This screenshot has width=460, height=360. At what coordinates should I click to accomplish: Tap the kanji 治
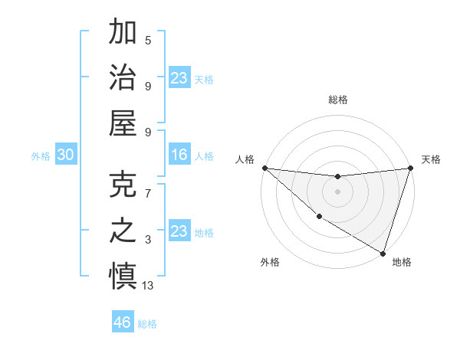pos(123,77)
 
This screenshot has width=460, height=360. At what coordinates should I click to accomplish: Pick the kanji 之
pos(123,231)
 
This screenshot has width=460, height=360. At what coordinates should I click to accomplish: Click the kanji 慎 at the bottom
pos(123,277)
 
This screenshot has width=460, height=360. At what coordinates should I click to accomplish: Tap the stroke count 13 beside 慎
pos(148,286)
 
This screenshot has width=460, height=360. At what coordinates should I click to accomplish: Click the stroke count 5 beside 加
pos(148,41)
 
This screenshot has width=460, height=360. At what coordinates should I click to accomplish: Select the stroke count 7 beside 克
pos(148,194)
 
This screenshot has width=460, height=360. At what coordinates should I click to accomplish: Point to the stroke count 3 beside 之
pos(148,240)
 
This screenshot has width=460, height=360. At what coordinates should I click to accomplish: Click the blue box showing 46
pos(123,322)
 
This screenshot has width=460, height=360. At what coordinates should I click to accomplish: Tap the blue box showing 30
pos(66,155)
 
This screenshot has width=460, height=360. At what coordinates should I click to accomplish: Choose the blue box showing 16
pos(179,155)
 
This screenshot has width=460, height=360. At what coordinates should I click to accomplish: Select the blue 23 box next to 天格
pos(179,78)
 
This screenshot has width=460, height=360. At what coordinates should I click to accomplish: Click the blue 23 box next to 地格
pos(179,231)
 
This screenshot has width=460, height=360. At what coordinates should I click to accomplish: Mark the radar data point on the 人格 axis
pos(264,168)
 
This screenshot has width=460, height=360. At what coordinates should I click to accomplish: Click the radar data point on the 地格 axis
pos(383,253)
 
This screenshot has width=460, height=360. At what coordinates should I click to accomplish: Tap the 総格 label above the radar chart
pos(337,100)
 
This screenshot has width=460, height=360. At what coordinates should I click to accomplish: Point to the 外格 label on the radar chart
pos(270,262)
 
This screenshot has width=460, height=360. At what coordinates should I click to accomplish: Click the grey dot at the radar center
pos(337,191)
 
